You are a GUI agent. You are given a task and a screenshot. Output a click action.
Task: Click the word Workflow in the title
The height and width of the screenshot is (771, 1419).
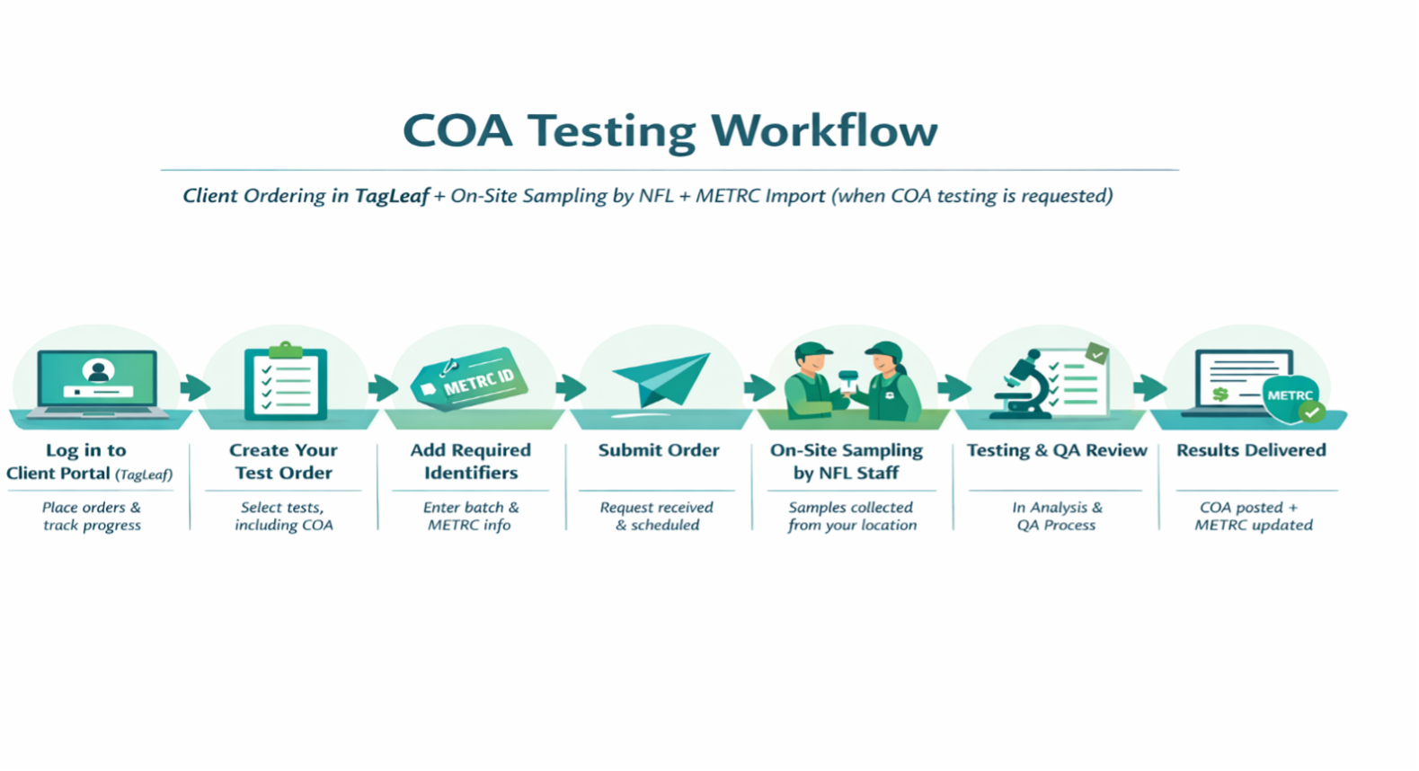click(823, 130)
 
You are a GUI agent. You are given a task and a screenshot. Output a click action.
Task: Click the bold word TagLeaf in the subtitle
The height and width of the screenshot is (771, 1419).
click(392, 196)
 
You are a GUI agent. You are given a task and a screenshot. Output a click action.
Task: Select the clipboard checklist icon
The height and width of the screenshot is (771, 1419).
click(286, 381)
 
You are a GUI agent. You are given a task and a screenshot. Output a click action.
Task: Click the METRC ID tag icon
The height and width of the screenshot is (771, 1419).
click(469, 379)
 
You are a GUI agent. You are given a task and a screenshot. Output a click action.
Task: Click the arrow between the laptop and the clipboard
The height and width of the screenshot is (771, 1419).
click(195, 387)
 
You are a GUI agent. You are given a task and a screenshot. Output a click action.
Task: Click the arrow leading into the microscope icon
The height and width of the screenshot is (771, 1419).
click(954, 387)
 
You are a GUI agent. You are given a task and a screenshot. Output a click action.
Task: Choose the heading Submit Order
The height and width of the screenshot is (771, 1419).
click(659, 450)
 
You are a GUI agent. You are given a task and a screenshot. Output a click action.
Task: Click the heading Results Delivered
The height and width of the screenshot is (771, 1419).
click(1251, 450)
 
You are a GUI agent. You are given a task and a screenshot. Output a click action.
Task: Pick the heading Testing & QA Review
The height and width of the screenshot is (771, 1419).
click(1057, 450)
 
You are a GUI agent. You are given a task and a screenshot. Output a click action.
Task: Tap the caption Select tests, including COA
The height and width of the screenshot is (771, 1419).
click(283, 517)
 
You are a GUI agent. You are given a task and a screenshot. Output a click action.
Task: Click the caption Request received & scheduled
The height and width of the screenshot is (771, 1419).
click(657, 517)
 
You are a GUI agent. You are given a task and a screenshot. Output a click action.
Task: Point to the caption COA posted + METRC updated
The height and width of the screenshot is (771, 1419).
click(1254, 517)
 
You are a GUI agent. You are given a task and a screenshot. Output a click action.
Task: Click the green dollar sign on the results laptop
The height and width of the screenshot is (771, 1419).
click(1220, 394)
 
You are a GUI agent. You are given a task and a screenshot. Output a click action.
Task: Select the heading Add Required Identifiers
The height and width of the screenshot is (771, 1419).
click(471, 461)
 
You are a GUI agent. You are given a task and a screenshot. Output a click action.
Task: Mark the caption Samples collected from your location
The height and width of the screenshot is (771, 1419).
click(852, 517)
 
